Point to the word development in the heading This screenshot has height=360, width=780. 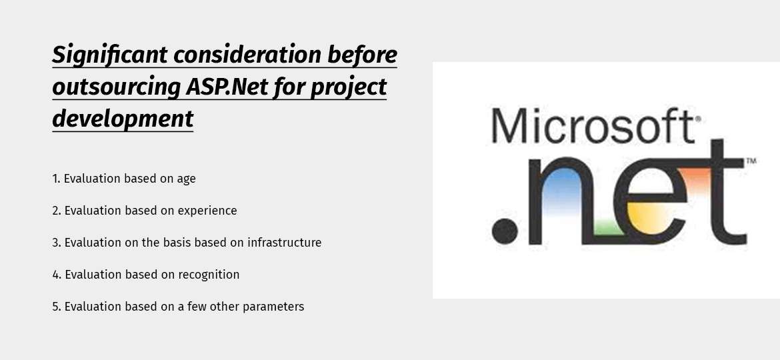click(123, 119)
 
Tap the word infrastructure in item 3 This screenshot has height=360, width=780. click(285, 243)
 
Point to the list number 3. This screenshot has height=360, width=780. click(56, 243)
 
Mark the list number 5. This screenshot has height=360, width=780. click(56, 307)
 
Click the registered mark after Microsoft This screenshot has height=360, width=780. click(698, 119)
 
